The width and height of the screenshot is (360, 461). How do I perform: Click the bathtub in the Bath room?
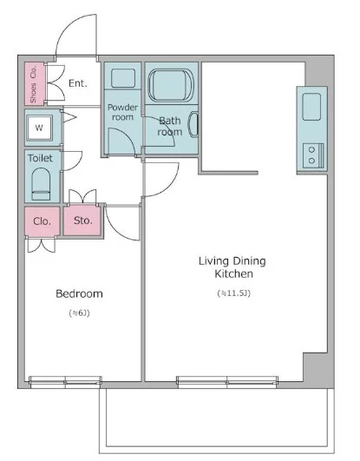click(x=171, y=85)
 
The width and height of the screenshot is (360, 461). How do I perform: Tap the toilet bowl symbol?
click(x=41, y=184)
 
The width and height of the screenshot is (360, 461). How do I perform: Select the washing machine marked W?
click(x=39, y=128)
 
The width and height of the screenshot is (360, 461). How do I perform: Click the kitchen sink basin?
click(x=311, y=107)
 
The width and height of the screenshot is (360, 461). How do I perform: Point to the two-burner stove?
click(x=313, y=155)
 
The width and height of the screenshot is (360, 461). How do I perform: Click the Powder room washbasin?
click(x=123, y=78)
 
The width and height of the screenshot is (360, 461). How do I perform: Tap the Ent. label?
click(x=78, y=83)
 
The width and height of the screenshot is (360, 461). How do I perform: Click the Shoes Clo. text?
click(x=33, y=84)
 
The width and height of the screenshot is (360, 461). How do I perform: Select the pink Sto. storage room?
click(x=82, y=221)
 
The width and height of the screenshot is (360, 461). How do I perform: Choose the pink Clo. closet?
click(x=43, y=221)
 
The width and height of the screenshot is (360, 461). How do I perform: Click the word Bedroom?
click(x=79, y=293)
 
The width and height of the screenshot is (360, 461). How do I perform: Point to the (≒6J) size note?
click(x=79, y=313)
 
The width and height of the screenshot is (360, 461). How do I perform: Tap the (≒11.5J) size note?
click(x=234, y=293)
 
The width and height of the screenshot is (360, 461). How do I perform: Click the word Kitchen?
click(x=234, y=273)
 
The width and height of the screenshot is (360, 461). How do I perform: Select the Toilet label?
click(x=40, y=158)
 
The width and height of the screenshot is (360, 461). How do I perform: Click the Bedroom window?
click(x=65, y=382)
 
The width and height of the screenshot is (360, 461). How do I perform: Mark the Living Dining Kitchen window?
click(x=227, y=382)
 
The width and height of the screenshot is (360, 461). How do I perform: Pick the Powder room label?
click(x=123, y=112)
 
